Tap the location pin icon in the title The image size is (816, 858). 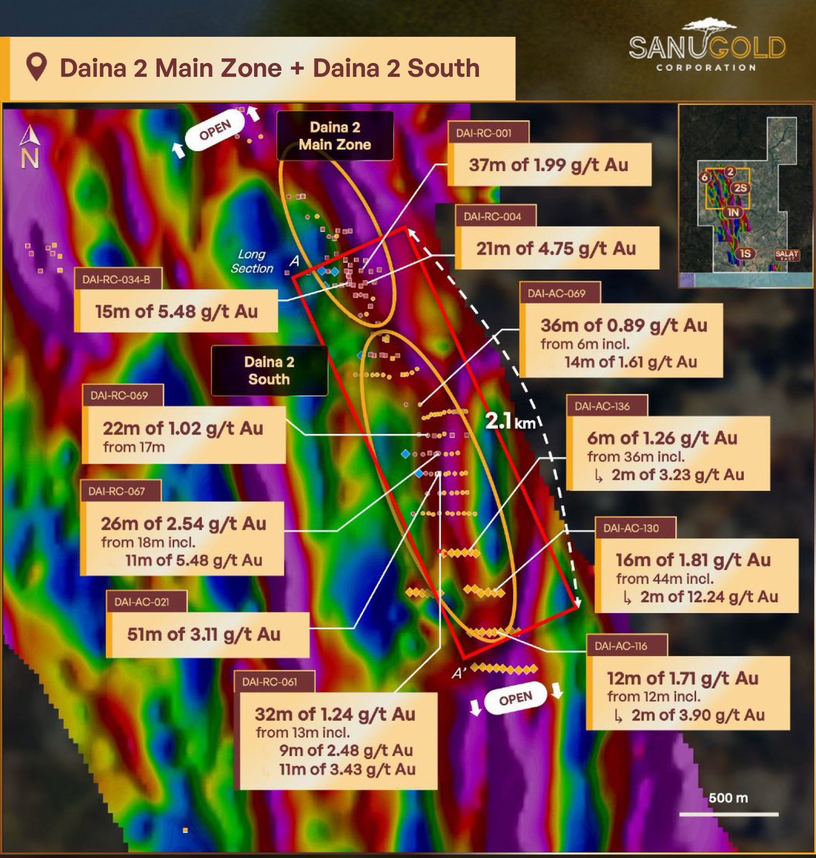tap(36, 68)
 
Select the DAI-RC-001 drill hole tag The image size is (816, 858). tap(489, 132)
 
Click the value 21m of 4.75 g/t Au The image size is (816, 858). tap(556, 248)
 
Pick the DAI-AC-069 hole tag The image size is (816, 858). tap(556, 292)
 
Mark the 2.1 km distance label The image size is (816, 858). tap(509, 421)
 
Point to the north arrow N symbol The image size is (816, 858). tap(29, 148)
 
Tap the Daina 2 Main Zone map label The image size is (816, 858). tap(335, 136)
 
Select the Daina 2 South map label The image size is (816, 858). tap(269, 370)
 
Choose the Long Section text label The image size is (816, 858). tap(252, 261)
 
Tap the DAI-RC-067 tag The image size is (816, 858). tap(117, 490)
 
